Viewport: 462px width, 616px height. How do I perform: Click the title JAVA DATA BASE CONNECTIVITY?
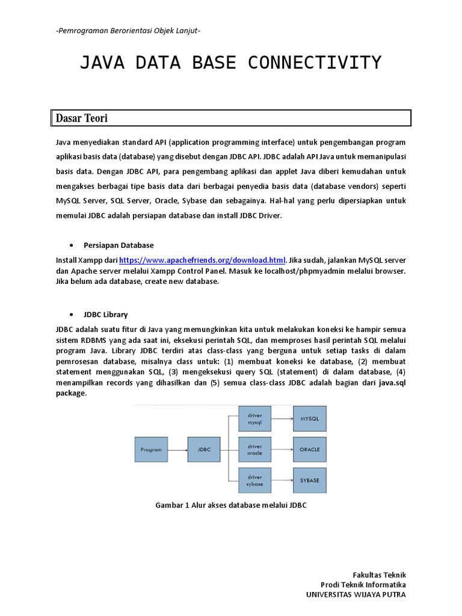pyautogui.click(x=230, y=63)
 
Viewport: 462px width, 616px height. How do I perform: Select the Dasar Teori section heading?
pyautogui.click(x=82, y=119)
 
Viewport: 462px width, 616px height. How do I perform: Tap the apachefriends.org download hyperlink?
pyautogui.click(x=202, y=260)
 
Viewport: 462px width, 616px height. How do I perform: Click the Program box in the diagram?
pyautogui.click(x=151, y=449)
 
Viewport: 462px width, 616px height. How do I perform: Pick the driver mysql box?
pyautogui.click(x=254, y=419)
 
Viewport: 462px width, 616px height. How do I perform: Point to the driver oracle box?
pyautogui.click(x=254, y=449)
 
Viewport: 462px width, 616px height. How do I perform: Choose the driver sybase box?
pyautogui.click(x=254, y=480)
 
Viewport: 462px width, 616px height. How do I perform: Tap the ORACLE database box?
pyautogui.click(x=309, y=449)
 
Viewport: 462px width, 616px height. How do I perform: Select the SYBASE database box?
pyautogui.click(x=309, y=480)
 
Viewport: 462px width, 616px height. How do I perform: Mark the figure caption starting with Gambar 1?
pyautogui.click(x=231, y=505)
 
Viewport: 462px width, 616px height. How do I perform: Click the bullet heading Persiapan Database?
pyautogui.click(x=119, y=245)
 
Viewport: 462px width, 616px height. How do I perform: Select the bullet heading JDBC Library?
pyautogui.click(x=105, y=315)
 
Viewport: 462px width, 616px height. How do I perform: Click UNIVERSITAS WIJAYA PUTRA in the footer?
pyautogui.click(x=356, y=594)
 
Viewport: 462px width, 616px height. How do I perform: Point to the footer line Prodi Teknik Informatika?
pyautogui.click(x=363, y=585)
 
